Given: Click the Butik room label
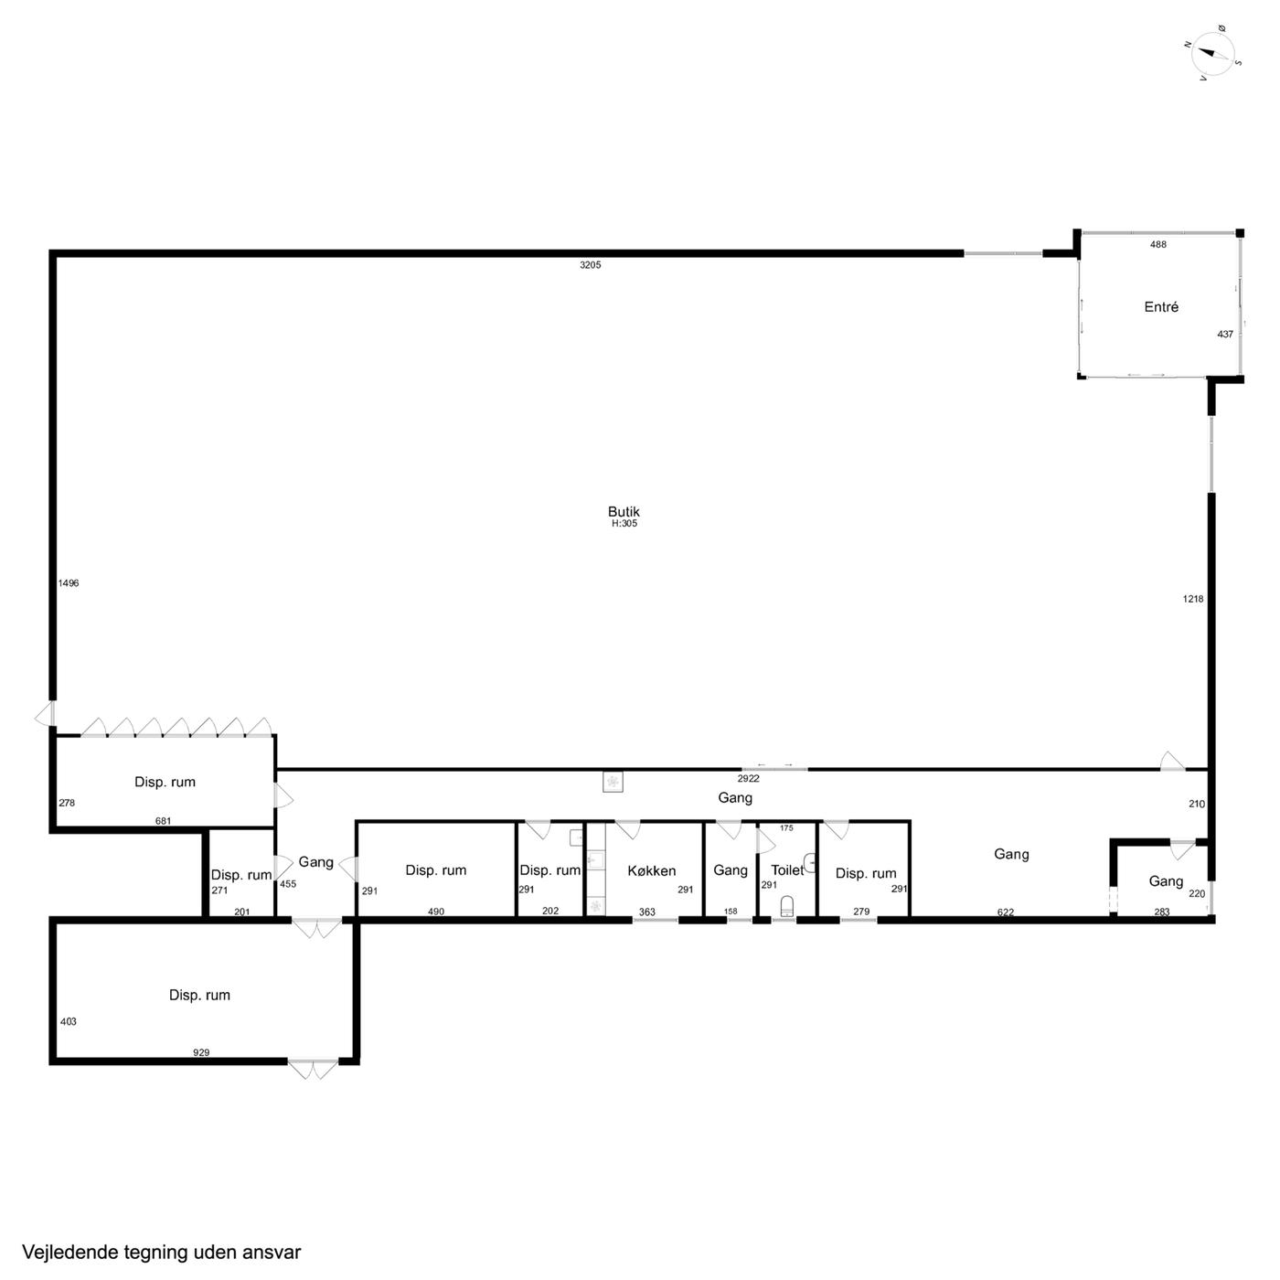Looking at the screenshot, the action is click(x=623, y=511).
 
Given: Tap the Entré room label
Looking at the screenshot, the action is click(x=1161, y=307).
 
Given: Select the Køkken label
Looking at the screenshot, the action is click(x=651, y=870).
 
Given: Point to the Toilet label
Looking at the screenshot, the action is click(x=787, y=869).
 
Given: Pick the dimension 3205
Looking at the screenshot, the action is click(x=590, y=265).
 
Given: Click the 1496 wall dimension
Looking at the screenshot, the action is click(x=69, y=583).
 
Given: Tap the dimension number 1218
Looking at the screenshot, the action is click(x=1193, y=599).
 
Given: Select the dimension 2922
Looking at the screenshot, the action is click(x=748, y=778).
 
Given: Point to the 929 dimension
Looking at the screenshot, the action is click(x=201, y=1052).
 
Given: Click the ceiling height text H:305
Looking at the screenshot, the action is click(x=624, y=523).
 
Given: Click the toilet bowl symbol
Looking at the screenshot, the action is click(x=786, y=905).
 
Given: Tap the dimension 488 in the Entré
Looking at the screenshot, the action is click(x=1157, y=244).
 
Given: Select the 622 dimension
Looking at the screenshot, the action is click(x=1005, y=912).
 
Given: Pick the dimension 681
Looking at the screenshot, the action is click(x=164, y=821).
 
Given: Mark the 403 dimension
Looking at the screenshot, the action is click(x=69, y=1021).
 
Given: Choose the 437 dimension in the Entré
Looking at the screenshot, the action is click(x=1225, y=334).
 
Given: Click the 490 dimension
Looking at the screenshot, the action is click(x=436, y=912).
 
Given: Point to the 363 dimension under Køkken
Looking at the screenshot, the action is click(x=647, y=912).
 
